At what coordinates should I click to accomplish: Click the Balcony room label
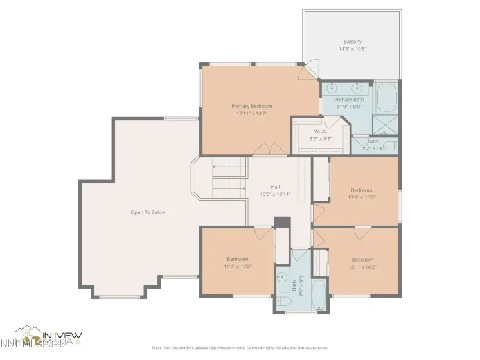tap(352, 42)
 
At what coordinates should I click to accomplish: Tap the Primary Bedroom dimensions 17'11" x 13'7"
tap(252, 113)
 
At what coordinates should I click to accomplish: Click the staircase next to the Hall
tap(229, 179)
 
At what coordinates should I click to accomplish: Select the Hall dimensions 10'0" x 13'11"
tap(275, 194)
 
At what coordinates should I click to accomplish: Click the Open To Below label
tap(148, 212)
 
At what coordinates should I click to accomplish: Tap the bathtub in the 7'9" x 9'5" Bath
tap(319, 290)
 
